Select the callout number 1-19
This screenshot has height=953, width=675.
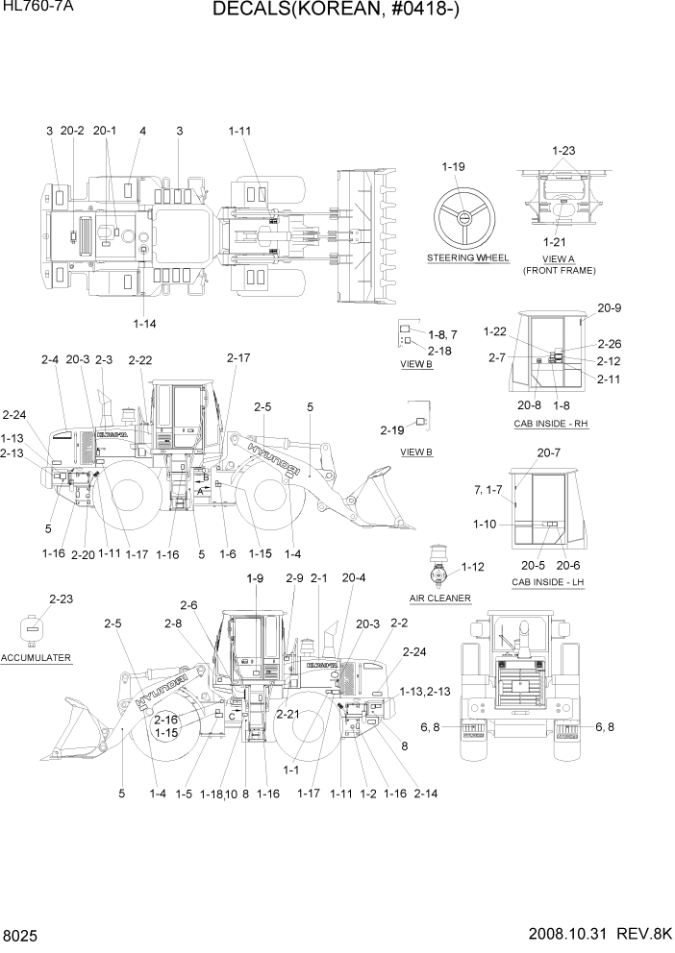point(453,167)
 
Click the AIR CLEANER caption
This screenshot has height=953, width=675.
point(439,598)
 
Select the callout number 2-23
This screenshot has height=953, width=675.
point(35,599)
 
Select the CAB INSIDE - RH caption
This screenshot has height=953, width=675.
point(551,424)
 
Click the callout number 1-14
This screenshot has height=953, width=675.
point(144,324)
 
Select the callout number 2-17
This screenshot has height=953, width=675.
point(238,358)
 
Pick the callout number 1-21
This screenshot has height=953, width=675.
point(554,241)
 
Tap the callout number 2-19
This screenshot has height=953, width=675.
point(392,429)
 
